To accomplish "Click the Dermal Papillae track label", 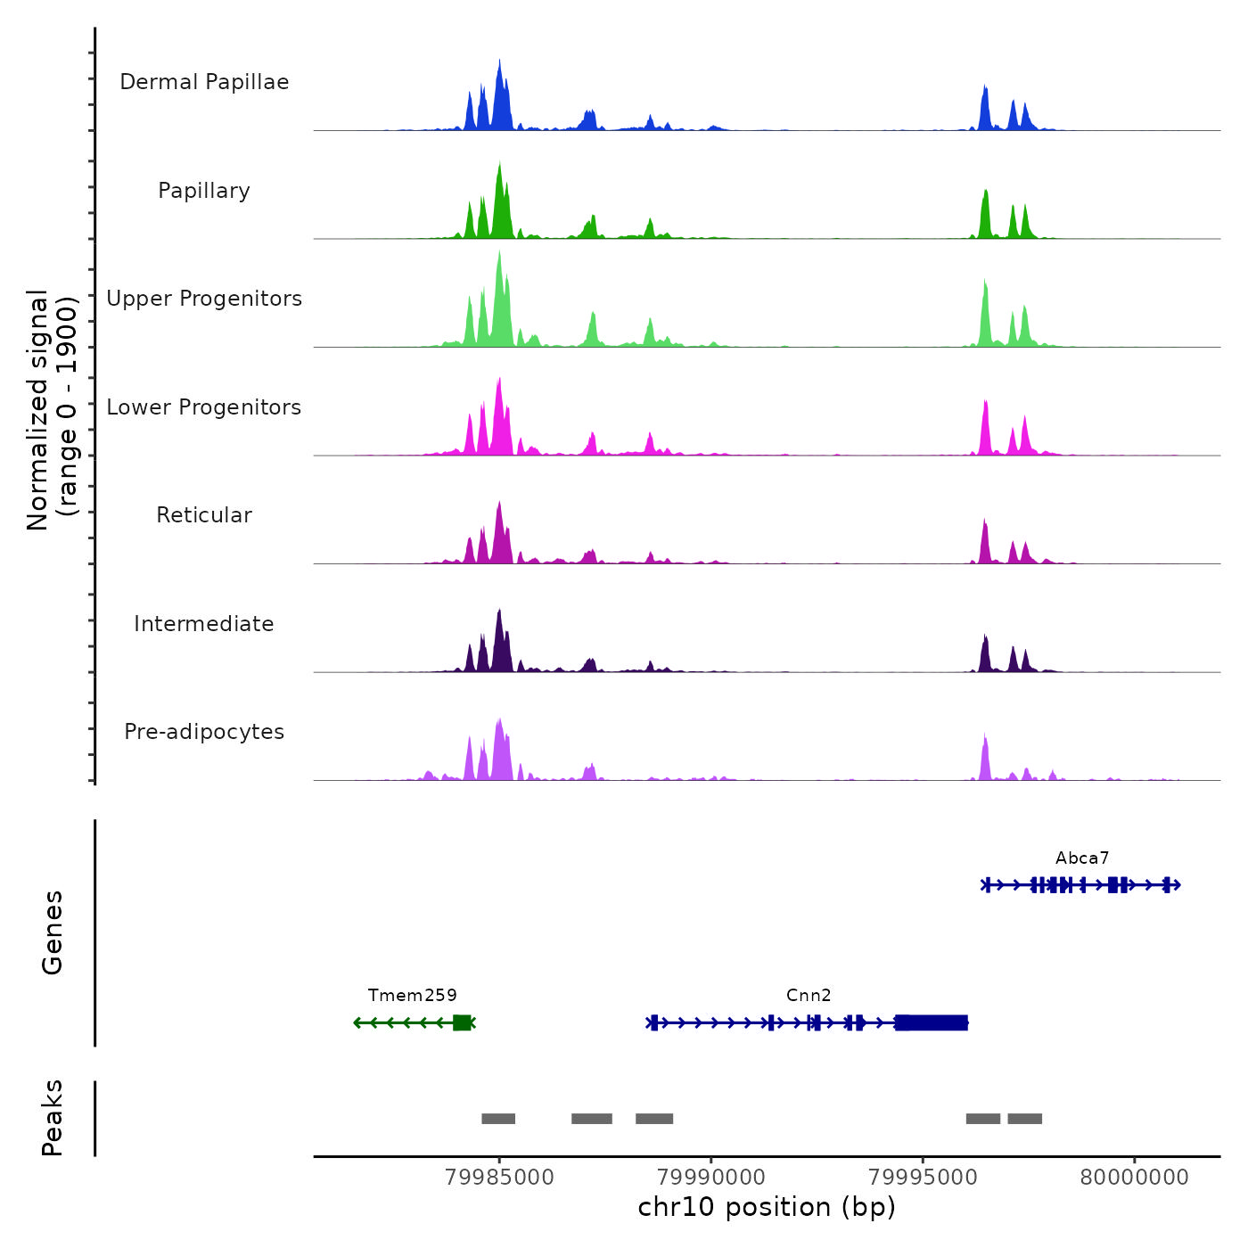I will click(204, 82).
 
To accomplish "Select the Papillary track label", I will click(204, 191).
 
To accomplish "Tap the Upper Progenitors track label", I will click(204, 299).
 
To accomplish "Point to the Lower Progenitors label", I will click(204, 407).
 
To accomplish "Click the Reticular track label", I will click(204, 515).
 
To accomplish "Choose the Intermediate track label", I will click(204, 624).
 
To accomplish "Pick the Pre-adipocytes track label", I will click(204, 732).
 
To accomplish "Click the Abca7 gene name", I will click(1082, 858).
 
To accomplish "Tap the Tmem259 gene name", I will click(412, 996).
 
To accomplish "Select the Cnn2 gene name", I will click(809, 996).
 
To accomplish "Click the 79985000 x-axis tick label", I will click(499, 1178).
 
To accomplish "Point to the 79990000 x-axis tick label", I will click(711, 1178).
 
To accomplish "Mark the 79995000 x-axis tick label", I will click(923, 1178).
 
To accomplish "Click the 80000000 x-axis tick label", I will click(1134, 1178).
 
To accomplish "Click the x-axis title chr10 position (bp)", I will click(767, 1207).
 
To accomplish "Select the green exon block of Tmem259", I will click(462, 1022).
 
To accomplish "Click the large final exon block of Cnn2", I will click(932, 1022).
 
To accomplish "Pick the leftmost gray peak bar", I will click(498, 1119).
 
